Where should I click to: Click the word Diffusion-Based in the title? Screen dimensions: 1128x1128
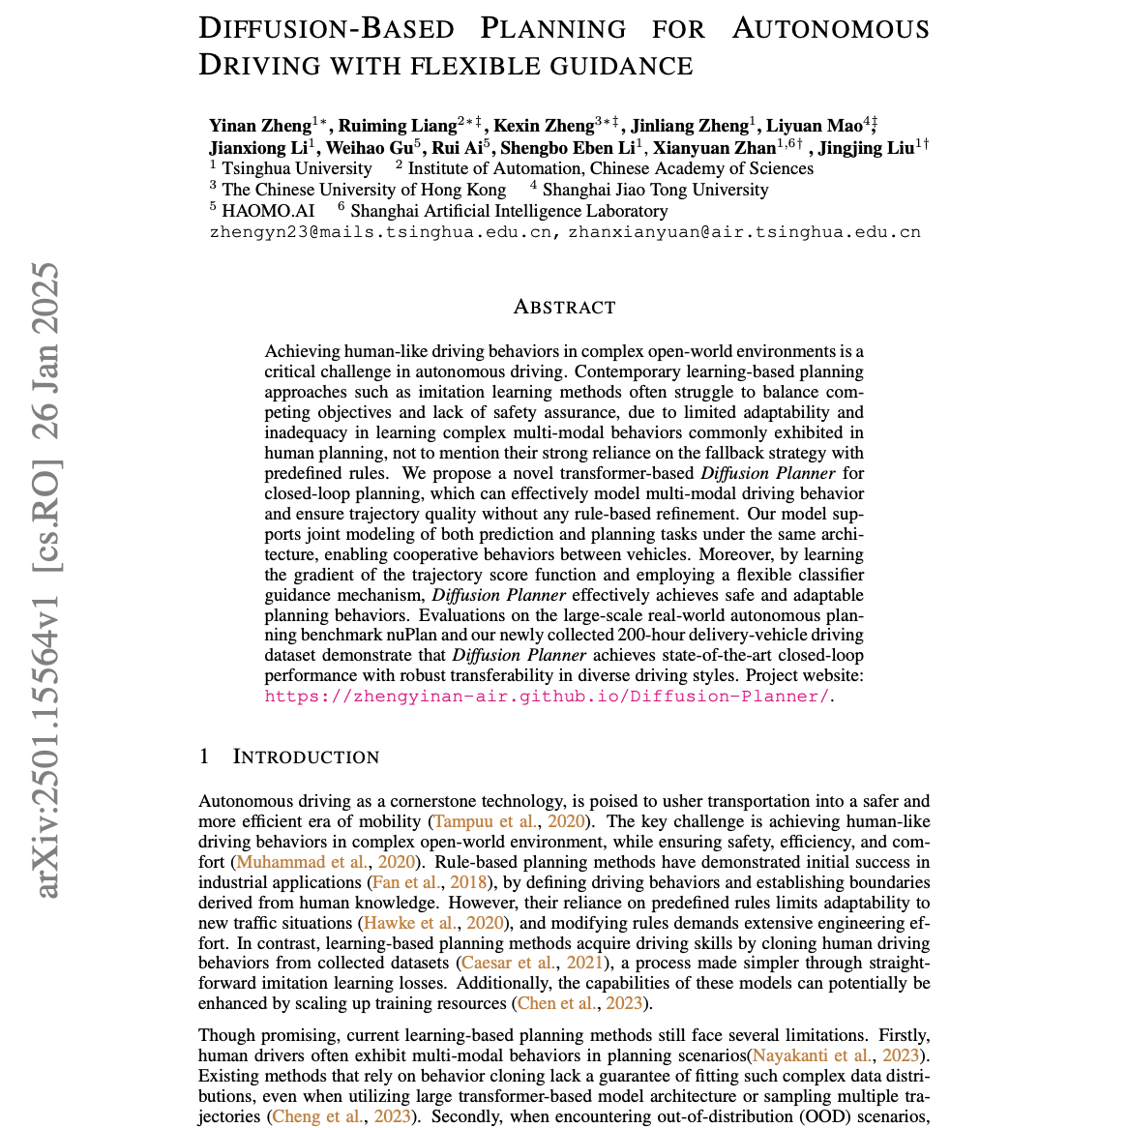tap(328, 28)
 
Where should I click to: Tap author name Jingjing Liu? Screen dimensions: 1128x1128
tap(868, 148)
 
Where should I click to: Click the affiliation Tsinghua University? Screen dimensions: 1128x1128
tap(282, 168)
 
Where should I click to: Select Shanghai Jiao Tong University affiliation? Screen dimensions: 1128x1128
tap(655, 190)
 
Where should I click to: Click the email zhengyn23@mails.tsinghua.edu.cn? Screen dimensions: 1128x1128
tap(380, 232)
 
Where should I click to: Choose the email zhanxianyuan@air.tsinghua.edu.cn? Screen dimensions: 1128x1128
tap(744, 232)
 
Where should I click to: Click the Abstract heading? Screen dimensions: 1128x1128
tap(564, 308)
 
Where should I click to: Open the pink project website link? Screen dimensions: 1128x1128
tap(547, 696)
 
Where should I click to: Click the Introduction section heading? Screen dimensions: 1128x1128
tap(306, 757)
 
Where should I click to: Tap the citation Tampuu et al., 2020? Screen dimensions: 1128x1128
tap(509, 821)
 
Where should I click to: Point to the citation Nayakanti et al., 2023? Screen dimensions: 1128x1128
tap(838, 1055)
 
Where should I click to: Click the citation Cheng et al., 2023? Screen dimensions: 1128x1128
tap(343, 1116)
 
